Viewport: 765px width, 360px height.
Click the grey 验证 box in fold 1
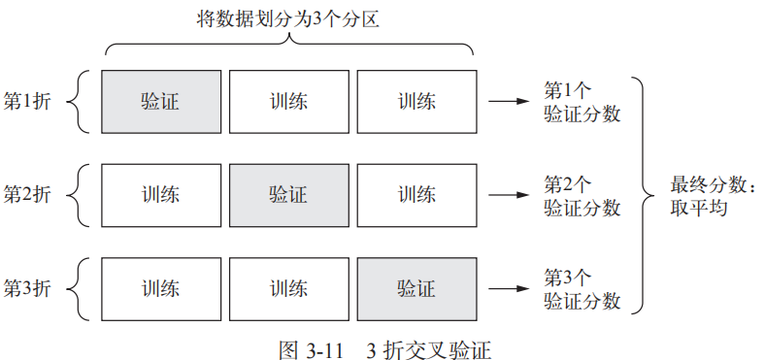[161, 101]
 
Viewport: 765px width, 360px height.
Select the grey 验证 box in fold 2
[288, 194]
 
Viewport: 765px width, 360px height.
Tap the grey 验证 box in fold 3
[416, 288]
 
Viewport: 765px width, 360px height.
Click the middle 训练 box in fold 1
[288, 101]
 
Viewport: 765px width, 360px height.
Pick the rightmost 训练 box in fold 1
[416, 101]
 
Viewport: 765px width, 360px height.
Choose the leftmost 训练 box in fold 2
[161, 194]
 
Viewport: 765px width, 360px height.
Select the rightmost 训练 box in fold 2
[416, 194]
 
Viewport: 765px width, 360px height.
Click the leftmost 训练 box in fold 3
[161, 288]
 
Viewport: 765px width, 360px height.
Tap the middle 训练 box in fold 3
[288, 288]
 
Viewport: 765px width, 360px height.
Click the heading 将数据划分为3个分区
[289, 18]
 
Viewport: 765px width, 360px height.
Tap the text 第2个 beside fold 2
[568, 184]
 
